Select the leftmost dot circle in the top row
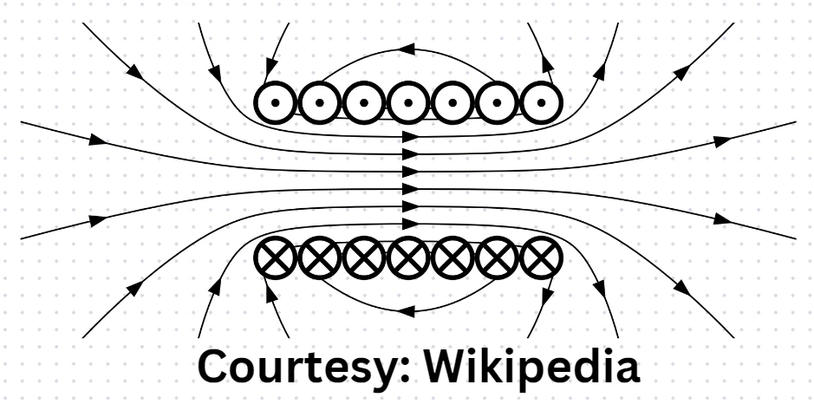pos(276,102)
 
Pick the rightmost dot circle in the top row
pos(541,102)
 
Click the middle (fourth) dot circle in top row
pos(408,102)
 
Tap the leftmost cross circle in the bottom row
pos(276,257)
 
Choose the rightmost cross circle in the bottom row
pos(541,257)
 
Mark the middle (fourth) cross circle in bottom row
pos(408,257)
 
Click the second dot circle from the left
pos(320,102)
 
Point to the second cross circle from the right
pos(497,257)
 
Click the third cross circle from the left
pos(364,257)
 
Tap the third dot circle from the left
pos(364,102)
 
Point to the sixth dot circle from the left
pos(497,102)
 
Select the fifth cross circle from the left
pos(453,257)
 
